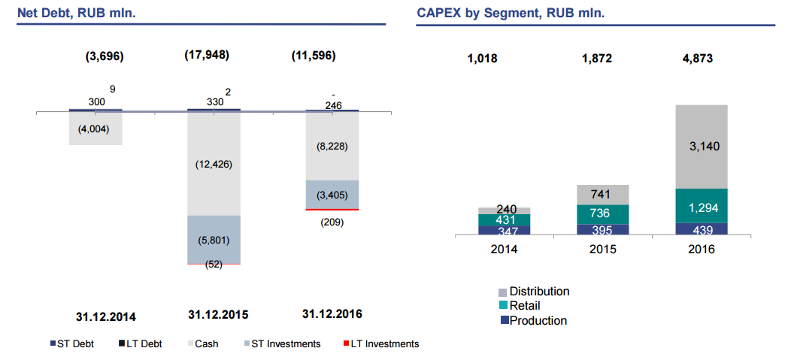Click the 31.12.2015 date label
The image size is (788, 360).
tap(218, 314)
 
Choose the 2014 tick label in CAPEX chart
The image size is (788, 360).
tap(504, 249)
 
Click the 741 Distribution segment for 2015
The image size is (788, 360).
tap(603, 194)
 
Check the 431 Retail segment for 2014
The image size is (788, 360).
tap(504, 219)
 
